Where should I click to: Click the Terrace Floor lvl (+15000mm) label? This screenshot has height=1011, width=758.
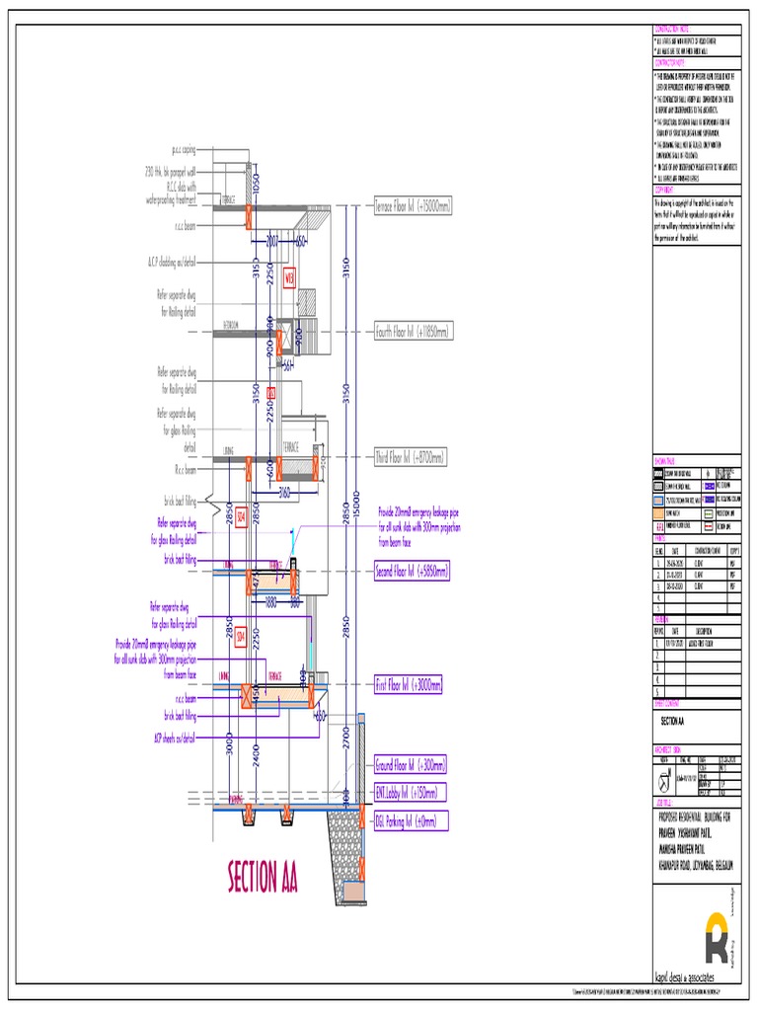pos(412,206)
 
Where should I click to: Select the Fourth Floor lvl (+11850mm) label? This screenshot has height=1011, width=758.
pos(413,333)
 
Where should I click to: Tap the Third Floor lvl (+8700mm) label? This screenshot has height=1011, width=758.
pos(410,458)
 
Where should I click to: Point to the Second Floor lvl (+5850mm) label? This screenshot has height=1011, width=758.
pos(411,571)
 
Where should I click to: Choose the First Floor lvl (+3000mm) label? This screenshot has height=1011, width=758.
pos(408,684)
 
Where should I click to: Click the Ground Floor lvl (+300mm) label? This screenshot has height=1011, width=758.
pos(409,765)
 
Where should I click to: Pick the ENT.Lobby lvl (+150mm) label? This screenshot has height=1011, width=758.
pos(405,793)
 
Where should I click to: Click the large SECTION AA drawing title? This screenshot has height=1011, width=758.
pos(263,876)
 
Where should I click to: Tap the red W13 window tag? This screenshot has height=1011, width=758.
pos(289,277)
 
